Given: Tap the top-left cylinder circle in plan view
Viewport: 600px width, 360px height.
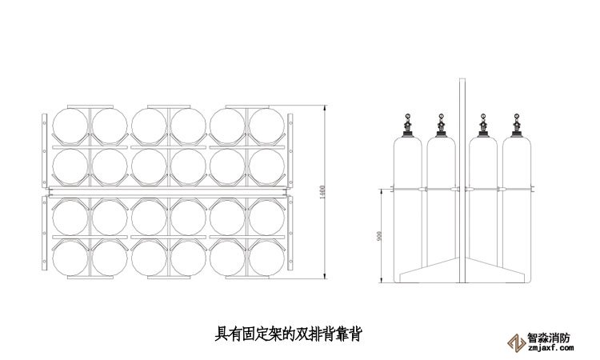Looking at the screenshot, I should point(70,126).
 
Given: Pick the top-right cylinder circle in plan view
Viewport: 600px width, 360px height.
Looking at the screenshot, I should point(267,126).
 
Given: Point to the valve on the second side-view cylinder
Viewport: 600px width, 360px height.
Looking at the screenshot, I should point(439,124).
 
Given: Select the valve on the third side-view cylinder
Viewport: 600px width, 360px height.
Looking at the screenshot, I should point(482,124).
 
